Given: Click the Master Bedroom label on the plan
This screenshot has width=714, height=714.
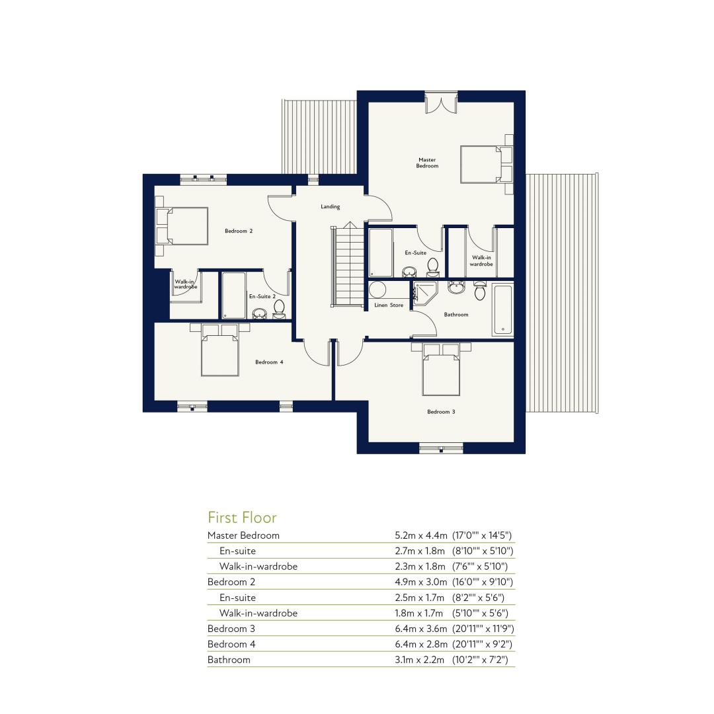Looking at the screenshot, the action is tap(427, 163).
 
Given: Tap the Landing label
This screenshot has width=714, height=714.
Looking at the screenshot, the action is tap(330, 207).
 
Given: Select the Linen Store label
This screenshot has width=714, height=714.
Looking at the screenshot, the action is tap(389, 305).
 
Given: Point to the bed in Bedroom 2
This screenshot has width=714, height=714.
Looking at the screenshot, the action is tap(182, 226).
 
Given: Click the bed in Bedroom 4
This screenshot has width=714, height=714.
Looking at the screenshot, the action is tap(220, 350).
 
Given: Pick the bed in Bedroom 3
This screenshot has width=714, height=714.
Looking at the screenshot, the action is tap(441, 370).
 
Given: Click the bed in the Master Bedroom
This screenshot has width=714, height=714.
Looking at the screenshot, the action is tap(487, 165).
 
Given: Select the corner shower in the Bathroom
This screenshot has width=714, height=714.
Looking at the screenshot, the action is tap(425, 293).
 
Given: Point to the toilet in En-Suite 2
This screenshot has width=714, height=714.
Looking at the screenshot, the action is tap(279, 309).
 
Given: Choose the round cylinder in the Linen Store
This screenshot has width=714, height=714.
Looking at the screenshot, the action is tap(377, 290).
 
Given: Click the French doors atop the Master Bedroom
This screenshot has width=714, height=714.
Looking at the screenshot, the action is tap(441, 103).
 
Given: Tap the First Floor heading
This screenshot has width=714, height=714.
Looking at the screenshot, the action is tap(242, 518).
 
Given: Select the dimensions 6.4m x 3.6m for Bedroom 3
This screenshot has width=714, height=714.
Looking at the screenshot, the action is tap(420, 629).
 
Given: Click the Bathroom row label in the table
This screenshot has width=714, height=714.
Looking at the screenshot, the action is tap(229, 660).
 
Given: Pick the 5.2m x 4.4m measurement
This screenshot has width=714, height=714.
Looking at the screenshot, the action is tap(420, 535).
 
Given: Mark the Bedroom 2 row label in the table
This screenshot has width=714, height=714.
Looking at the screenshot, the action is tap(231, 582).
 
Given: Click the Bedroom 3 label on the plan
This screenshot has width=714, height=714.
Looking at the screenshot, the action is tap(441, 412).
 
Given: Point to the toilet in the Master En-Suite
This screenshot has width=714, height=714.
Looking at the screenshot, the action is tap(432, 268).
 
